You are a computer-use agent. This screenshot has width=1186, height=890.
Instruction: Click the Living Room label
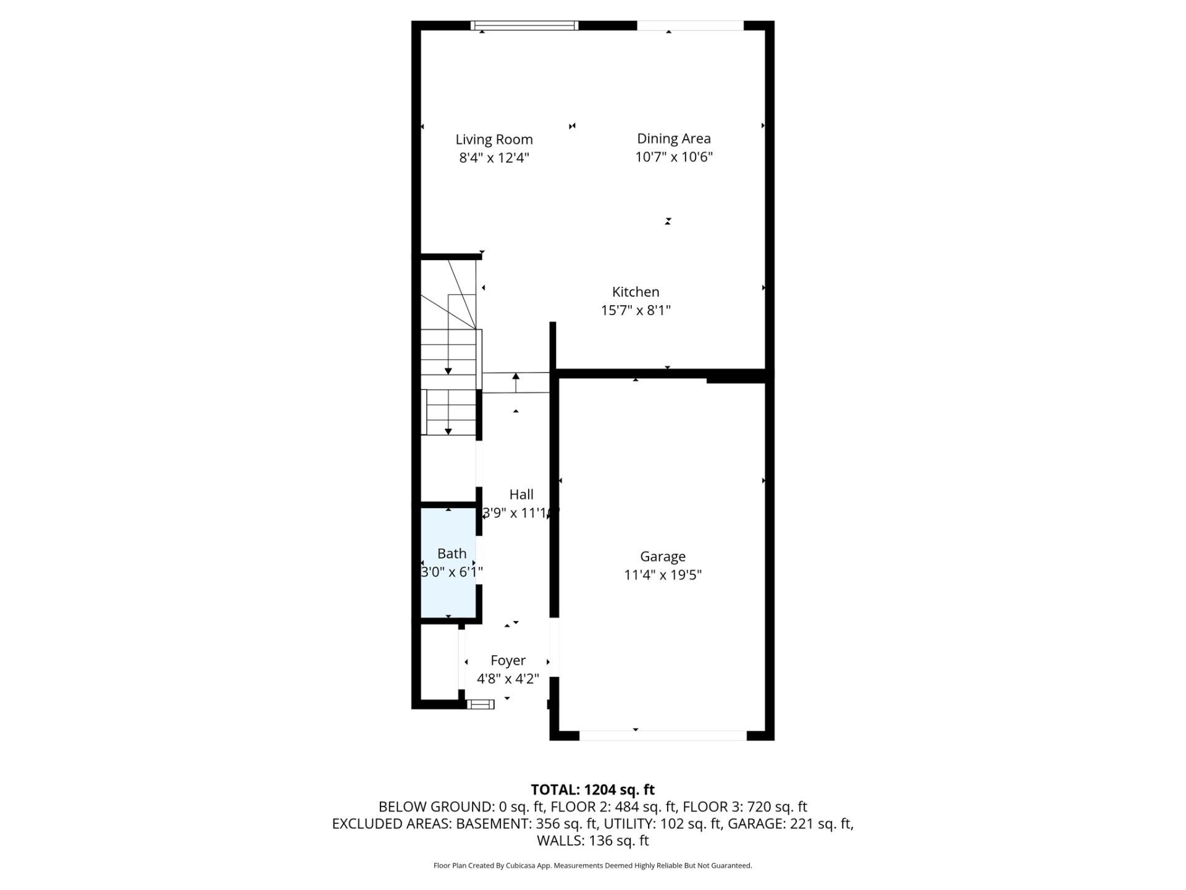coord(494,140)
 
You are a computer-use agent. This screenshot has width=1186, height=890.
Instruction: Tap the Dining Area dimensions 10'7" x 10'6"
coord(674,157)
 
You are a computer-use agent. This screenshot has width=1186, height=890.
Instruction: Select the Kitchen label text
coord(636,292)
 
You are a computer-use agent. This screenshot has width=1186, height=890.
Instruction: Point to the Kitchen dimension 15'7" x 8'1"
coord(636,310)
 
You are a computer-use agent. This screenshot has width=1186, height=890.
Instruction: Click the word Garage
coord(663,557)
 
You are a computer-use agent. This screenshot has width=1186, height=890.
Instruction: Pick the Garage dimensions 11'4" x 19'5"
coord(663,575)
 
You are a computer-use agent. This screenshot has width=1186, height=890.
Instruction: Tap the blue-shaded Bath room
coord(448,562)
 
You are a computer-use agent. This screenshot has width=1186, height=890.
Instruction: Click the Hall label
coord(521,494)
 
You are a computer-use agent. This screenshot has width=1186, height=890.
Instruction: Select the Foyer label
coord(508,661)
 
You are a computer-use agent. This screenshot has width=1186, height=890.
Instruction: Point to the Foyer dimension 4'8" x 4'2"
coord(508,679)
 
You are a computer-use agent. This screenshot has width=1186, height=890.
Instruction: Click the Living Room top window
coord(524,25)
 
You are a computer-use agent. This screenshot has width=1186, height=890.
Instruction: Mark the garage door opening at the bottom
coord(663,735)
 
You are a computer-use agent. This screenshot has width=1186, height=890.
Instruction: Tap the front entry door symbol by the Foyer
coord(481,704)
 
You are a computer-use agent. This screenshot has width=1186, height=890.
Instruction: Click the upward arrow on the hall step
coord(516,383)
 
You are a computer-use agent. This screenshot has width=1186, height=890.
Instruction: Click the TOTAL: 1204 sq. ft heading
coord(593,790)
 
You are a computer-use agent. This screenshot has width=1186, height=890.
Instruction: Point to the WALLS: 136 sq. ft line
coord(593,841)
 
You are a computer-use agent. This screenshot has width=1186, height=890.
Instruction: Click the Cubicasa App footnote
coord(593,866)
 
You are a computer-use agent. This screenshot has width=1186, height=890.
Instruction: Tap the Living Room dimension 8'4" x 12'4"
coord(494,158)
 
